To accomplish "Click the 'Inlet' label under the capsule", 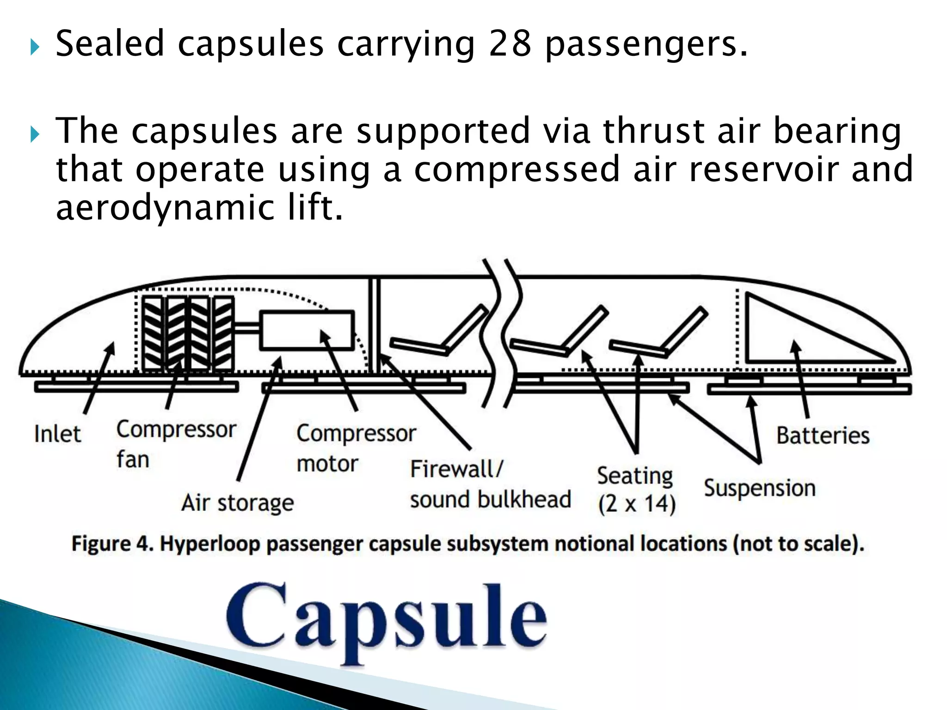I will click(57, 434).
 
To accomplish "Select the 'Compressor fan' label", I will click(176, 444).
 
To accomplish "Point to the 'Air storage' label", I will click(237, 502).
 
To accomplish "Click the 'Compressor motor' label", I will click(356, 448).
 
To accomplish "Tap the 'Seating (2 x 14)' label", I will click(636, 490).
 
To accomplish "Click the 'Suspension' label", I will click(759, 489).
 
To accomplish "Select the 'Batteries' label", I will click(823, 435).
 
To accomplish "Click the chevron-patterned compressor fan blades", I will click(187, 333).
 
